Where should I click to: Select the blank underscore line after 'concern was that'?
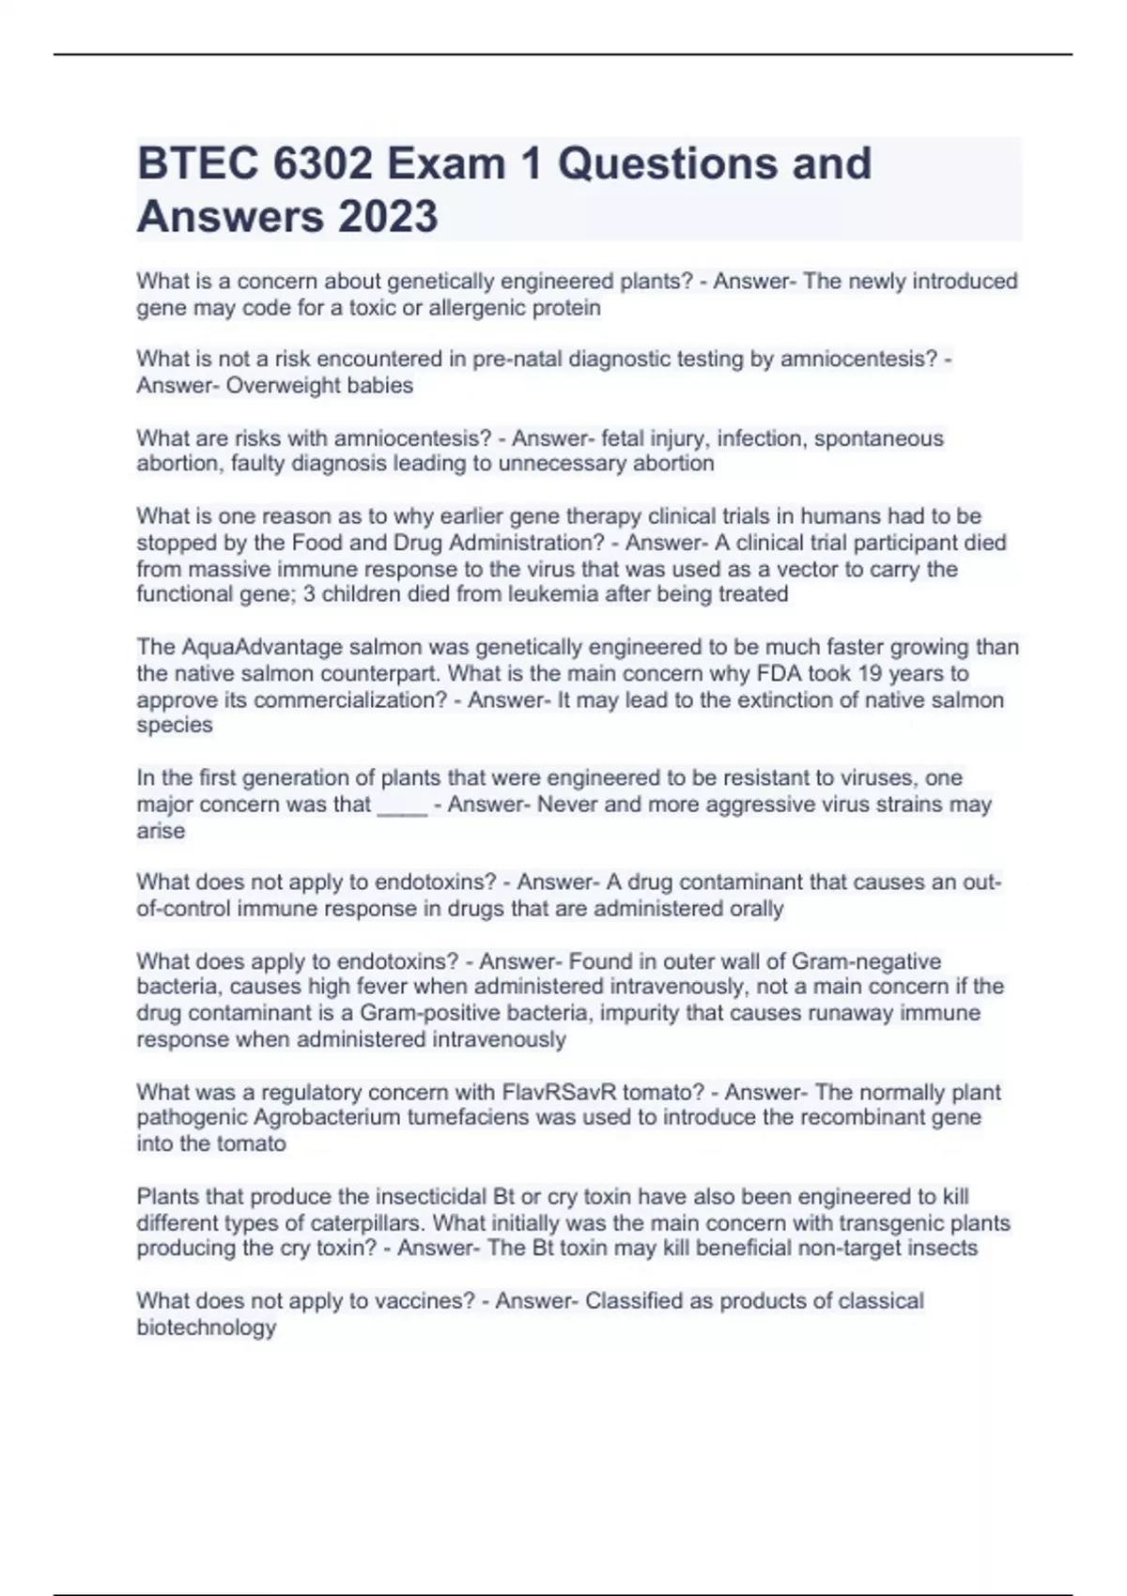tap(402, 806)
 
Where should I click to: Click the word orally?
tap(757, 909)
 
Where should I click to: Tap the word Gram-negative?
tap(866, 961)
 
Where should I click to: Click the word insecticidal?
tap(431, 1197)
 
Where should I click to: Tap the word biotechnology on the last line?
tap(207, 1327)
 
